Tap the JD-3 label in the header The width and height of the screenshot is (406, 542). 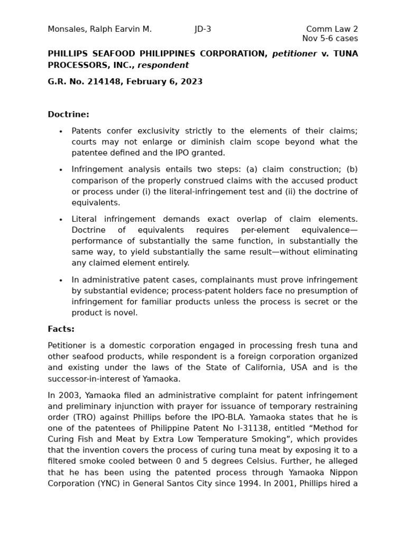(202, 29)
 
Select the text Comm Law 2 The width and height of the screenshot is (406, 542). (331, 29)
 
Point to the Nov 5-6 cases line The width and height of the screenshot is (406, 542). (330, 39)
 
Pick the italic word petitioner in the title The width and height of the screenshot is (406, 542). (294, 54)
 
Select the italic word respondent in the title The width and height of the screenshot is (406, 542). (163, 66)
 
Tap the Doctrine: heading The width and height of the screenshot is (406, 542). (68, 115)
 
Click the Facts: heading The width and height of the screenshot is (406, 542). (61, 329)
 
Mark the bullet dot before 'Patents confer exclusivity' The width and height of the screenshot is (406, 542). (61, 132)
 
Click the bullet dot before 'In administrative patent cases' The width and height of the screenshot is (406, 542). (61, 281)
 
